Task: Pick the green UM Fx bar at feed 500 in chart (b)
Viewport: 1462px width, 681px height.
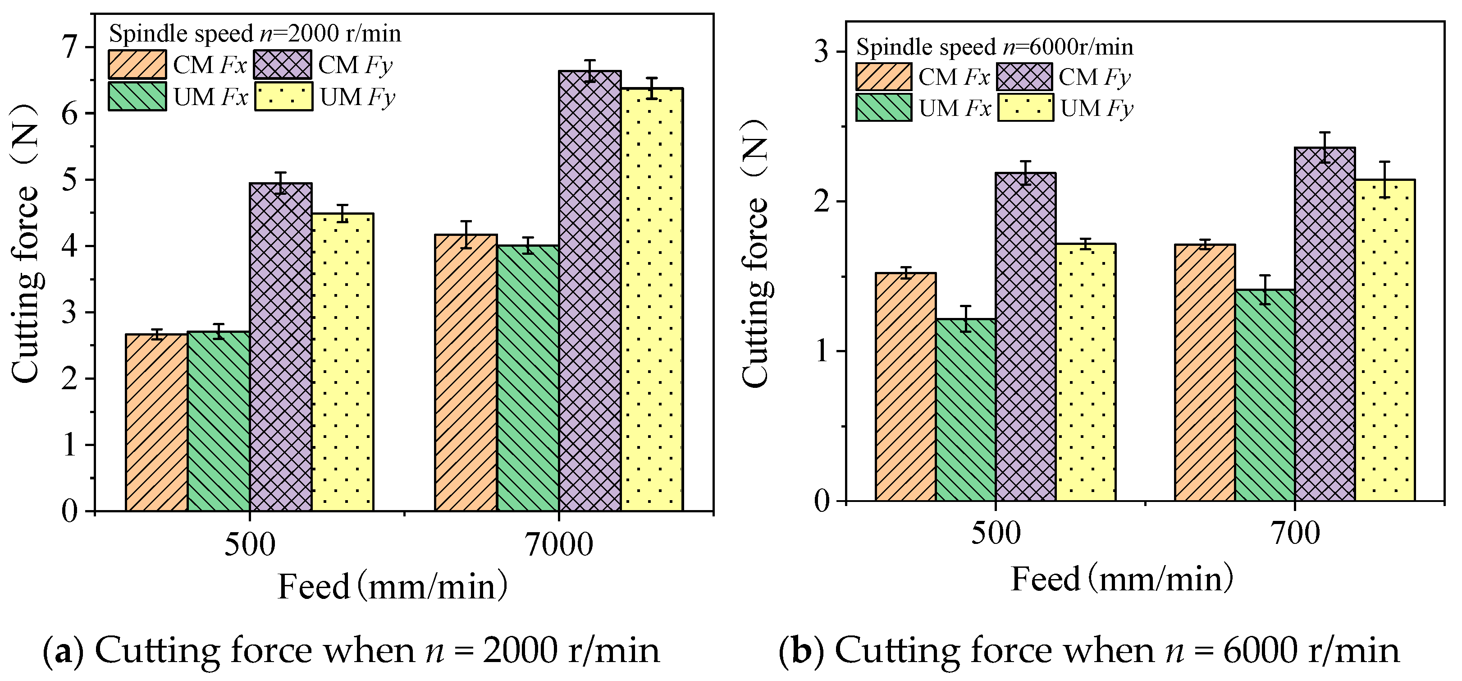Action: point(966,410)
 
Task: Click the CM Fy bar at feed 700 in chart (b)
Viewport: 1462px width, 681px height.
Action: point(1325,324)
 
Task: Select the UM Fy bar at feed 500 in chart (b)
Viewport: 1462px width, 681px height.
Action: point(1085,372)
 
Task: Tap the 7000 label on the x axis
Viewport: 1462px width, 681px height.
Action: point(558,544)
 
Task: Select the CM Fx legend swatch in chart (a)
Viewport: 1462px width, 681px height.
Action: point(137,64)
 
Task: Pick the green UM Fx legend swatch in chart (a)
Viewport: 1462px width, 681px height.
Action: point(137,97)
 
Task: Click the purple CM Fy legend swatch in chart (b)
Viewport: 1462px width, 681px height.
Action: point(1024,77)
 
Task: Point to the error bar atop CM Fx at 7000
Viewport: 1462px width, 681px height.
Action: point(466,234)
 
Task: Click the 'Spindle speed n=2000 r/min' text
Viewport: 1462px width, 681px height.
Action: point(255,33)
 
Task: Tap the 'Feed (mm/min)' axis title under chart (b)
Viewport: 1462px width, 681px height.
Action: point(1122,580)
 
